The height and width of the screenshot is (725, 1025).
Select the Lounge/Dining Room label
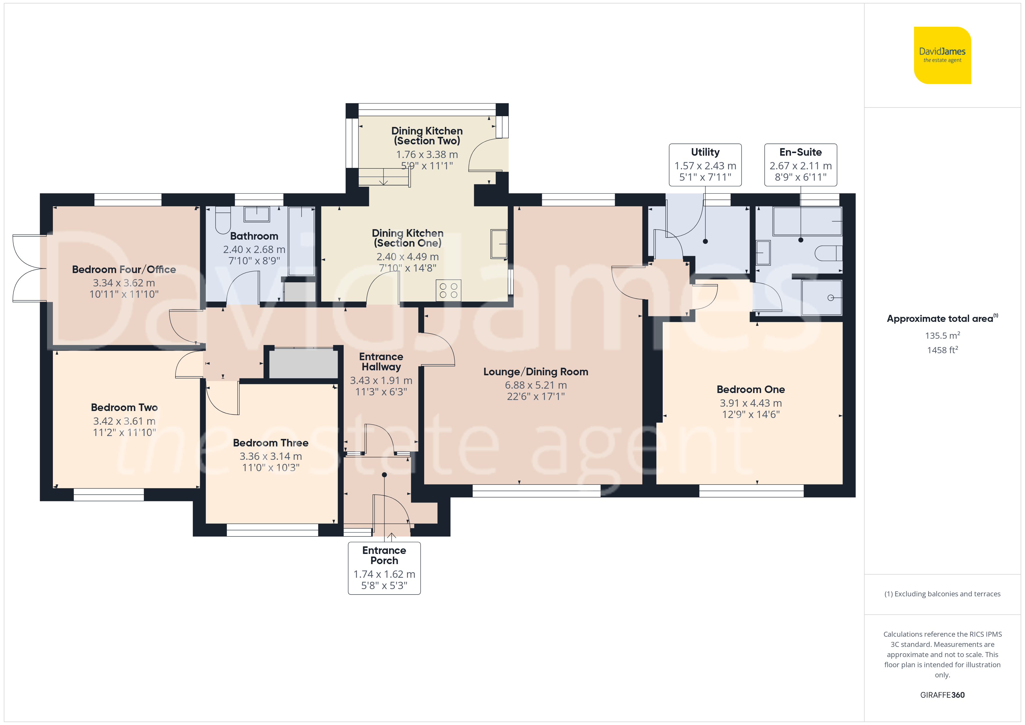tap(536, 372)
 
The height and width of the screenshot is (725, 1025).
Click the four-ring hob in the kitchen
tap(448, 290)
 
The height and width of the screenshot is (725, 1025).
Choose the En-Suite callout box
tap(800, 165)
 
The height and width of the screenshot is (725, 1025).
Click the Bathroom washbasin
tap(257, 214)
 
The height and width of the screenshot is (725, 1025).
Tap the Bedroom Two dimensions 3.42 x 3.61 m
tap(124, 421)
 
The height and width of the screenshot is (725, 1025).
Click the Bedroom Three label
tap(270, 443)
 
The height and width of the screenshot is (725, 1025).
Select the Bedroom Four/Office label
tap(124, 270)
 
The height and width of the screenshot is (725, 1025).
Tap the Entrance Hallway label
tap(381, 362)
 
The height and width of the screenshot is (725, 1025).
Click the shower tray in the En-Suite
tap(821, 297)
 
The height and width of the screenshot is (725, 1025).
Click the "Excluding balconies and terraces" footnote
tap(942, 594)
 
